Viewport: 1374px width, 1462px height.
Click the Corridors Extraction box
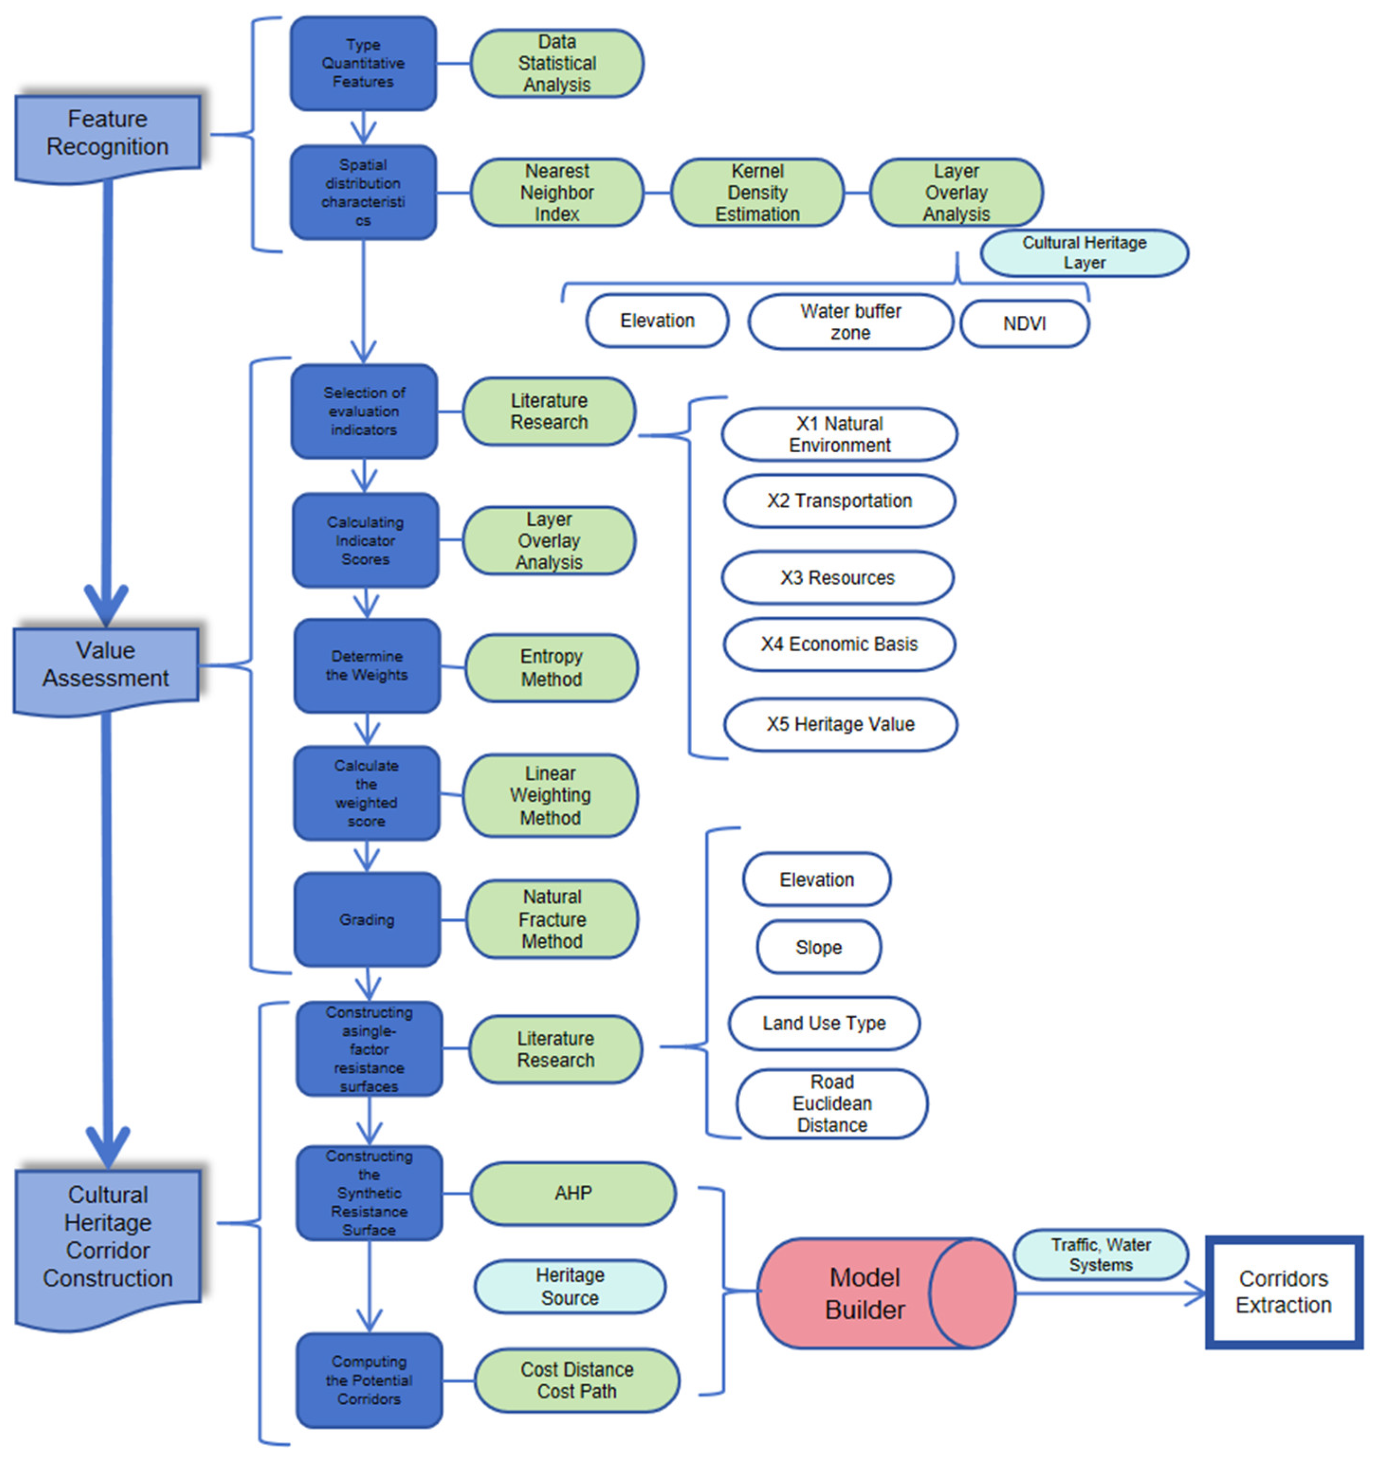pos(1283,1292)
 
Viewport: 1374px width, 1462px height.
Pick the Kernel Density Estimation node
pos(757,192)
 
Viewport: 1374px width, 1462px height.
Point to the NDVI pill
pos(1024,324)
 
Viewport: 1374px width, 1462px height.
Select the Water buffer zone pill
pos(851,322)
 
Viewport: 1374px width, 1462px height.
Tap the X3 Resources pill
pos(837,578)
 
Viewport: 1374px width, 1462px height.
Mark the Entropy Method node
pos(551,668)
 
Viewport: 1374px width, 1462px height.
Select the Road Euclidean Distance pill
pos(832,1104)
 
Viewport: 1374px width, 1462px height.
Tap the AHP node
pos(573,1194)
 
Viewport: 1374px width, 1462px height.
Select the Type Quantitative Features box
pos(363,63)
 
